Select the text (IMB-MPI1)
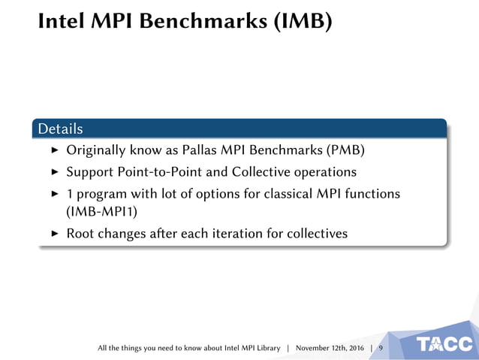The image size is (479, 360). coord(95,211)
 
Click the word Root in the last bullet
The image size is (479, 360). coord(80,233)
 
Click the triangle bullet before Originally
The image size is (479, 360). coord(54,151)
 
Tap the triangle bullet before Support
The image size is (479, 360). coord(54,172)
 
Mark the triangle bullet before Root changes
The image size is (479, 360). coord(54,233)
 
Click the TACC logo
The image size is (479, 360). coord(445,345)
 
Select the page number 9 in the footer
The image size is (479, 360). coord(380,349)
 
